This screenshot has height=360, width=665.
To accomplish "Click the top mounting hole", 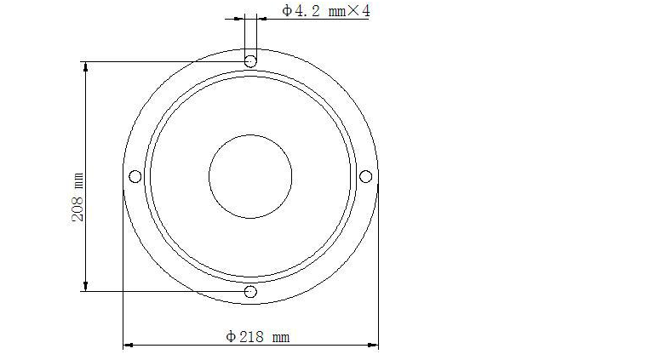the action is coord(250,61).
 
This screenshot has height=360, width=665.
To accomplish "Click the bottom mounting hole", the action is coord(250,292).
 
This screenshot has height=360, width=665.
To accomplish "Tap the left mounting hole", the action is coord(135,176).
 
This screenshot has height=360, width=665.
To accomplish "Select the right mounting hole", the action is coord(365,176).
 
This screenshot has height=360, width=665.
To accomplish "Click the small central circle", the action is coord(250,176).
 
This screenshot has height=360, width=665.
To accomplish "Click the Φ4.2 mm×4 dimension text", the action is coord(326,10).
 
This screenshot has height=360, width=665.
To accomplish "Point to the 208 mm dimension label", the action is coord(78,197).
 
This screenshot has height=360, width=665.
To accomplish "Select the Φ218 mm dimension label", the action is coord(258,337).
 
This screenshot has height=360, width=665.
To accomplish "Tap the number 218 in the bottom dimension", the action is coord(251,337).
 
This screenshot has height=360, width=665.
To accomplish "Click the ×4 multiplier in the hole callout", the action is coord(358,10).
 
